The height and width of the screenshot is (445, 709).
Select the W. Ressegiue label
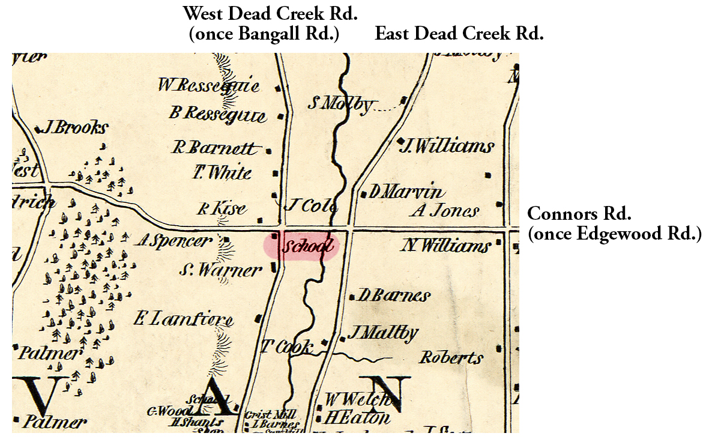point(209,85)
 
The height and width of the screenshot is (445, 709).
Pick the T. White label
point(222,173)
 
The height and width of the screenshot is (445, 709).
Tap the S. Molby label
point(340,104)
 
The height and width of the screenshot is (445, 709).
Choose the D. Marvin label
point(407,192)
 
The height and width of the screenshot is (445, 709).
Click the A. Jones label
point(445,211)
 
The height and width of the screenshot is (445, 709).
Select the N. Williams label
point(446,246)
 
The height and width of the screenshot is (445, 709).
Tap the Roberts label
point(451,358)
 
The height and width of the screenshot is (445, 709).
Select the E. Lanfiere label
point(183,320)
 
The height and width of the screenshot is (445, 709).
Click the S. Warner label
point(220,270)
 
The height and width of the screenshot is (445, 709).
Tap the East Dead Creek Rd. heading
point(459,34)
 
